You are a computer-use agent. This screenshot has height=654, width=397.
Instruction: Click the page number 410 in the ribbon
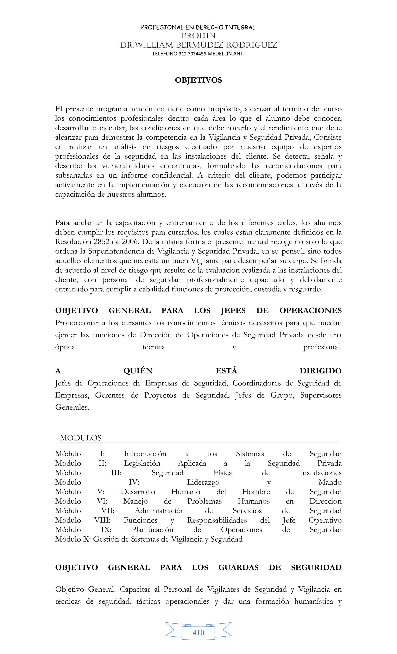[x=198, y=633]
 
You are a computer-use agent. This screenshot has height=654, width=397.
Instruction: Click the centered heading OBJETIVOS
[x=198, y=80]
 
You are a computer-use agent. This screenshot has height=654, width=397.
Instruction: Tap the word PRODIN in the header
[x=198, y=35]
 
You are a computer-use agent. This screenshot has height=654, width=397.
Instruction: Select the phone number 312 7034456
[x=192, y=54]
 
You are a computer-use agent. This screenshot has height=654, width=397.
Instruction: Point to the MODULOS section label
[x=81, y=438]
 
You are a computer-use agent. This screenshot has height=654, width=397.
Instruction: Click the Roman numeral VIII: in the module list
[x=102, y=520]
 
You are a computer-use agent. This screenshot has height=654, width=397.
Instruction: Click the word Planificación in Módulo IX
[x=152, y=530]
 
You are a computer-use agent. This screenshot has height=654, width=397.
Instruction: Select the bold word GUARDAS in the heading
[x=238, y=568]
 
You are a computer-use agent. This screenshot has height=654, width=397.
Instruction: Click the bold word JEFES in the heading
[x=233, y=311]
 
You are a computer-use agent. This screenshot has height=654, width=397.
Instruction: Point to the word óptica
[x=65, y=347]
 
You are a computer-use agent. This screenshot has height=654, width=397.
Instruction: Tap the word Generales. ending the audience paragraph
[x=72, y=407]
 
